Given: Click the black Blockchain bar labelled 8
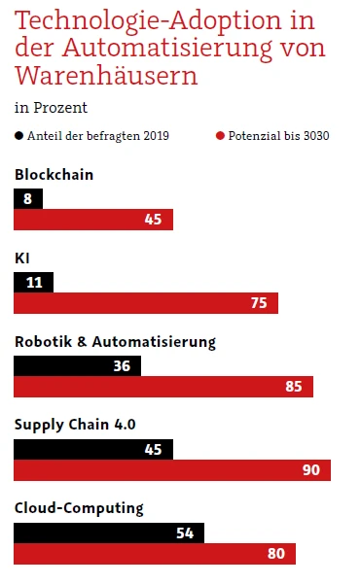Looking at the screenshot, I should click(28, 198).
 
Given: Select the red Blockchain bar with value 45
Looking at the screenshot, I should click(93, 220).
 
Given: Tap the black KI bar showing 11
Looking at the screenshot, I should click(34, 282).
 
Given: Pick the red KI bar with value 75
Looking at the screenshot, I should click(146, 303).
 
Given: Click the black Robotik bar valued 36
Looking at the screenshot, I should click(77, 366).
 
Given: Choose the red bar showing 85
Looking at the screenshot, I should click(163, 388).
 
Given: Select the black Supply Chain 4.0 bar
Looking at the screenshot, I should click(93, 449).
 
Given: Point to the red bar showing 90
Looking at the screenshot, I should click(172, 470).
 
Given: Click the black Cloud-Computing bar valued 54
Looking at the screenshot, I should click(109, 532).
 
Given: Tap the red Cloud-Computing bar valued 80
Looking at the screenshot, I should click(155, 554).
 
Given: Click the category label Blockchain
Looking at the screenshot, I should click(53, 175).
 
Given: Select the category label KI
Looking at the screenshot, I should click(22, 258).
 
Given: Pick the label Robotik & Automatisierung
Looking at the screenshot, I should click(115, 342).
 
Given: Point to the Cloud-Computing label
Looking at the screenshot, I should click(79, 508).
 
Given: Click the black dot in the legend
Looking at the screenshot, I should click(18, 136).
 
